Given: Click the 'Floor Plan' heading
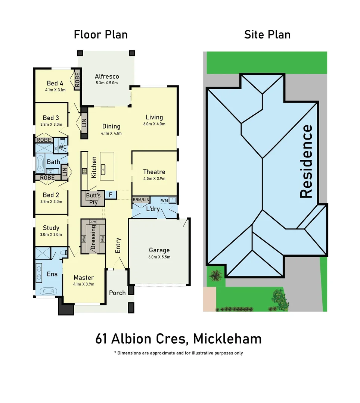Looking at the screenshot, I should pos(100,35).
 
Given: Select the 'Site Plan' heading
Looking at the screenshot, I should pos(267,35).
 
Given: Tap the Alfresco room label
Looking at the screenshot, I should pos(106,76).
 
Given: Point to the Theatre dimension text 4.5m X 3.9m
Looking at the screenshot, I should pos(154,178).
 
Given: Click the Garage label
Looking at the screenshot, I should pos(159,250).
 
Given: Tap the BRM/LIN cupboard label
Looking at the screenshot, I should pos(141,200).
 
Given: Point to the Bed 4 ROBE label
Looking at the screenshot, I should pos(77,79).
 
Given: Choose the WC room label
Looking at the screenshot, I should pos(62,147).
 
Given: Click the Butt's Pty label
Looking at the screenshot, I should pos(93,199).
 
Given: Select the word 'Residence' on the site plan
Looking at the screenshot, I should pos(306,161).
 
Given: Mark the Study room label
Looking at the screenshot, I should pos(51,228).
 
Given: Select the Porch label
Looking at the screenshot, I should pos(117,293).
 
